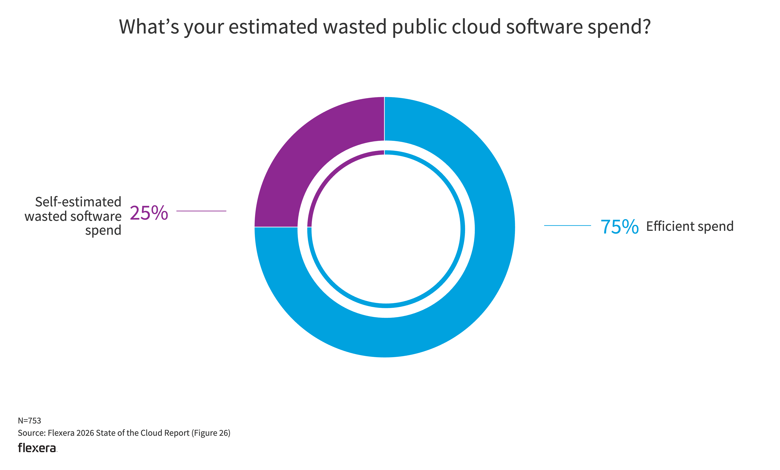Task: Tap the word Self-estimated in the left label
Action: coord(78,202)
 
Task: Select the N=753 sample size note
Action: coord(29,421)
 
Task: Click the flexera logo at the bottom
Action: coord(37,448)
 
